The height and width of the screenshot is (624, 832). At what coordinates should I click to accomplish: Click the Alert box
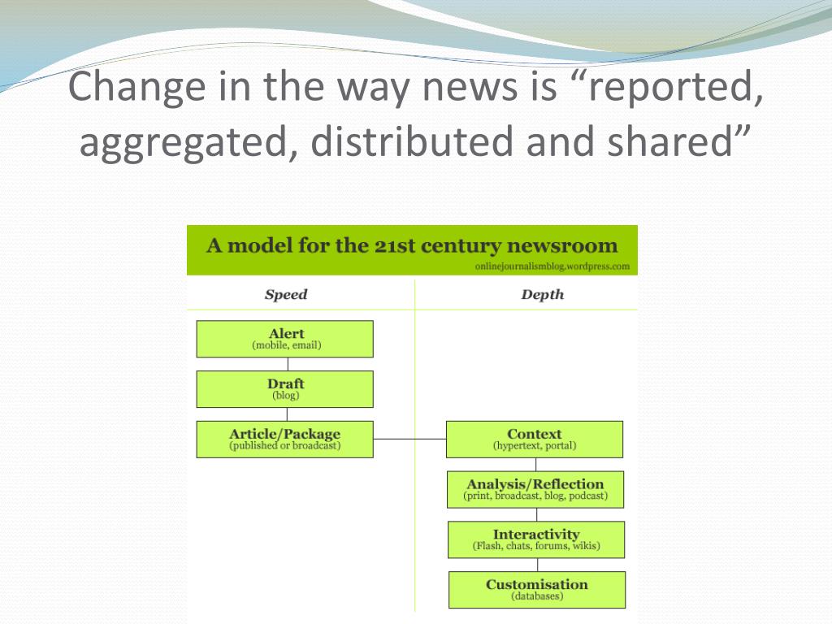point(285,339)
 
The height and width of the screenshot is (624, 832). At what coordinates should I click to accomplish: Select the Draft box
point(285,389)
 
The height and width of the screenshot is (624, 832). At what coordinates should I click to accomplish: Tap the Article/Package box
point(285,440)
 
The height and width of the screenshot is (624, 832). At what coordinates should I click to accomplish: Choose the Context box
point(535,440)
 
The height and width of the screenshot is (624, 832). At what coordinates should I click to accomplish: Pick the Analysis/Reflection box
point(535,490)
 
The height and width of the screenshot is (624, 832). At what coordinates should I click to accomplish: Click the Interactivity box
point(536,540)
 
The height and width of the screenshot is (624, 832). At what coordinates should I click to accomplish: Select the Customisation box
point(537,590)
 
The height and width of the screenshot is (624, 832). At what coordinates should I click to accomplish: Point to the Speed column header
point(286,294)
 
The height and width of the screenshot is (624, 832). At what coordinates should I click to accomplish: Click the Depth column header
point(542,294)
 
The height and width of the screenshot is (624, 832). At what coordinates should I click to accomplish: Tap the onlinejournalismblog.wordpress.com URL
point(552,266)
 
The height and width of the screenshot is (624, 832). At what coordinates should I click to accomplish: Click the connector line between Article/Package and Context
point(409,439)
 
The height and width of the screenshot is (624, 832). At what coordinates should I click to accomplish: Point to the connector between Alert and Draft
point(288,364)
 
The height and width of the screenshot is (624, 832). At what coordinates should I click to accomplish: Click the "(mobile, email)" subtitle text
point(287,345)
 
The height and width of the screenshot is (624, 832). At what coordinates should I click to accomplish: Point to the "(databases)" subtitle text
point(537,596)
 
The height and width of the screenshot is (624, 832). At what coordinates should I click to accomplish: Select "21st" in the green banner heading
point(397,245)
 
